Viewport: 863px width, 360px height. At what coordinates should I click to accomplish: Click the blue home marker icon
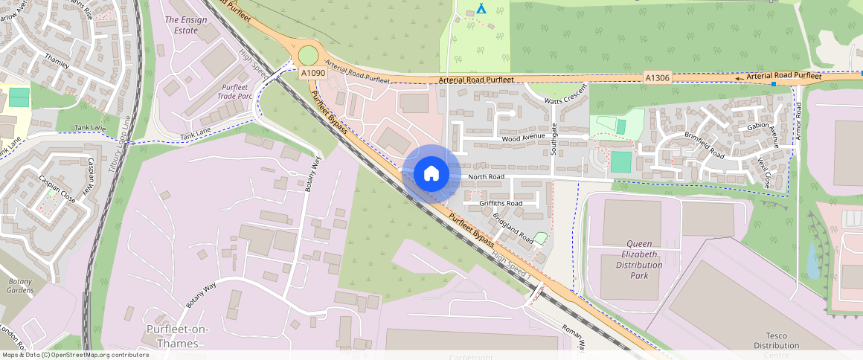pyautogui.click(x=431, y=174)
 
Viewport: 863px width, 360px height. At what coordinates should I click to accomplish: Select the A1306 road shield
pyautogui.click(x=658, y=77)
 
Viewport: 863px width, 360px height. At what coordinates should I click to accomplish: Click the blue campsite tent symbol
pyautogui.click(x=481, y=8)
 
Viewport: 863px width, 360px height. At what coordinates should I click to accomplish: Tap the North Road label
pyautogui.click(x=487, y=176)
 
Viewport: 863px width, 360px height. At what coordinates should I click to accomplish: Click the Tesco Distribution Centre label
pyautogui.click(x=776, y=340)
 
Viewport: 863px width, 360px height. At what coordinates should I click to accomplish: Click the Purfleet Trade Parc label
pyautogui.click(x=229, y=92)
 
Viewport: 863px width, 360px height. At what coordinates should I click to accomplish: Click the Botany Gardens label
pyautogui.click(x=20, y=286)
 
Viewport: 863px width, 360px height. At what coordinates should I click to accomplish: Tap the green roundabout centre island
pyautogui.click(x=307, y=55)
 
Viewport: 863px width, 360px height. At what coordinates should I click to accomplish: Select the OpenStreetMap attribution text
pyautogui.click(x=74, y=355)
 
